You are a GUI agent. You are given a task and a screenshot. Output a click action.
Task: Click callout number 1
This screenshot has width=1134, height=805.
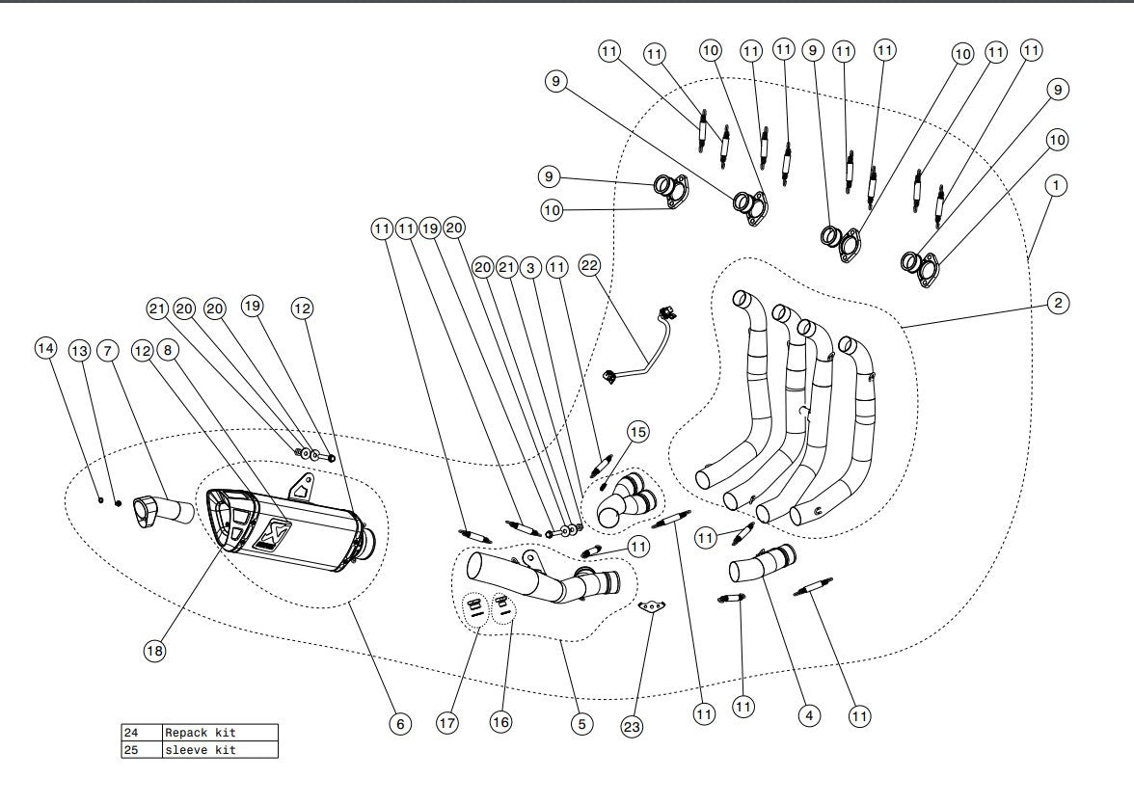tap(1057, 183)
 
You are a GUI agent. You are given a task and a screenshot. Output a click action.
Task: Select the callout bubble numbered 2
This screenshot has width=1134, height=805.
tap(1057, 304)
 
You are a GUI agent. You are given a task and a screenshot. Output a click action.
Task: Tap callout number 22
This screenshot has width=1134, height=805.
tap(590, 263)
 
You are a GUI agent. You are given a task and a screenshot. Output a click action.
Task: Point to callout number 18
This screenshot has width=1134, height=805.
tap(155, 651)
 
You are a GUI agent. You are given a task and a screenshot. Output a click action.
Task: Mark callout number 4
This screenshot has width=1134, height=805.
tap(809, 715)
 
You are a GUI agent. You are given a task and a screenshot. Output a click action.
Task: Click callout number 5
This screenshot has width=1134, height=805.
tap(580, 721)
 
